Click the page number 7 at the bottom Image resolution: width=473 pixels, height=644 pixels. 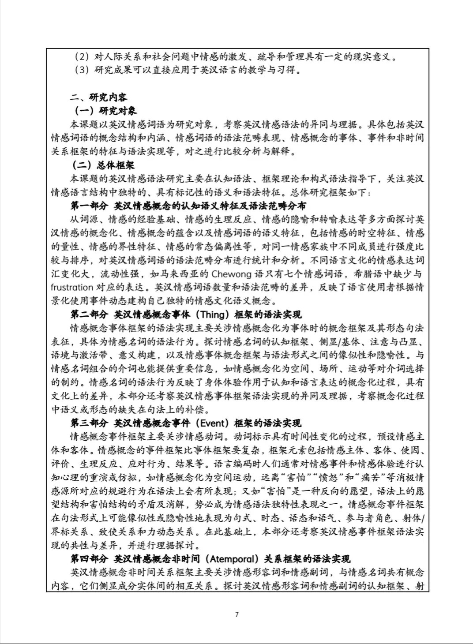point(237,614)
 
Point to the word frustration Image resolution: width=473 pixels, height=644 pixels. point(72,288)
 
